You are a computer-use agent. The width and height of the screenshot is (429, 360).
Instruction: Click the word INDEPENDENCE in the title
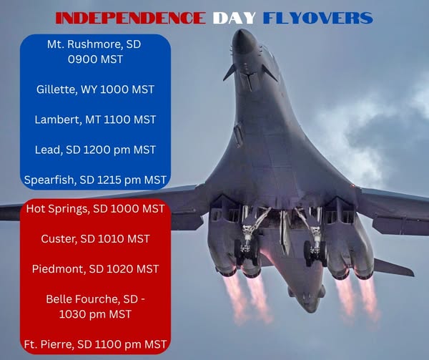(x=131, y=18)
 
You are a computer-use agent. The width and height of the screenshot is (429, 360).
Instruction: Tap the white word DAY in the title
(x=235, y=18)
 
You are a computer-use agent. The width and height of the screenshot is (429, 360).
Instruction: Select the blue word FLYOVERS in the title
(x=318, y=18)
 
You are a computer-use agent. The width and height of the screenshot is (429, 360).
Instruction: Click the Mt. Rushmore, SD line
(x=94, y=44)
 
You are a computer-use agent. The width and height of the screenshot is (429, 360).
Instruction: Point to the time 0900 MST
(x=95, y=59)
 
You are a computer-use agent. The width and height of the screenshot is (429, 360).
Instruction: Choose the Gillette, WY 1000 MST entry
(x=95, y=89)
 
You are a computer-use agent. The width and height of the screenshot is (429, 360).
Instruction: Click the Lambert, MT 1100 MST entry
(x=95, y=120)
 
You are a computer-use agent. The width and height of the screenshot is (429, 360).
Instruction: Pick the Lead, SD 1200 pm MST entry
(x=95, y=150)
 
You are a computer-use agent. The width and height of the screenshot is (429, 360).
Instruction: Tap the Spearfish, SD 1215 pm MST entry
(x=95, y=180)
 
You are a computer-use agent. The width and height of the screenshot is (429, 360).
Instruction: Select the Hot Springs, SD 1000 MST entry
(x=95, y=209)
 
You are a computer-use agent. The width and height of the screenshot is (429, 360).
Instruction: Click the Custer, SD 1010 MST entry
(x=95, y=239)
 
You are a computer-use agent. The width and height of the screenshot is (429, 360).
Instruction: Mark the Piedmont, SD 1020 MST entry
(x=95, y=269)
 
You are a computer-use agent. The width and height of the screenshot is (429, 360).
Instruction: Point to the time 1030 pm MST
(x=95, y=314)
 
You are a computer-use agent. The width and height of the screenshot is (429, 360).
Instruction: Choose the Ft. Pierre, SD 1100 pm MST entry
(x=95, y=344)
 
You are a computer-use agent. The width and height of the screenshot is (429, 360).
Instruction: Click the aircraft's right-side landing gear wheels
(x=315, y=253)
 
